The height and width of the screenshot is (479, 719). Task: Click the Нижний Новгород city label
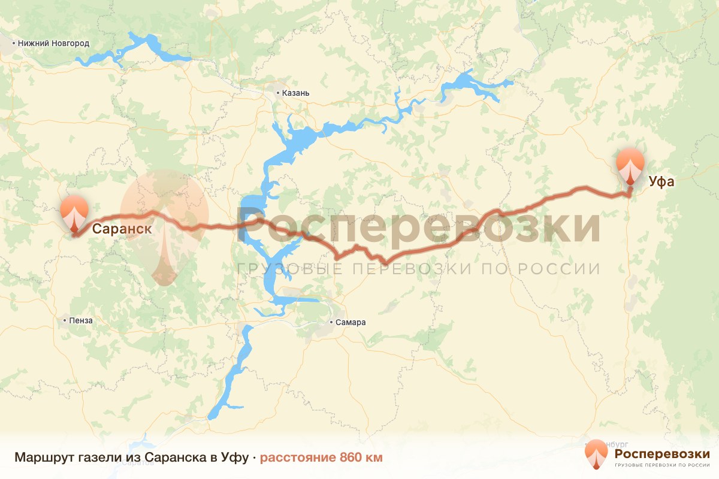[53, 43]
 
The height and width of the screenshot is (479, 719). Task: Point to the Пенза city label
[81, 320]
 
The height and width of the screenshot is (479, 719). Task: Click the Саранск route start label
[121, 228]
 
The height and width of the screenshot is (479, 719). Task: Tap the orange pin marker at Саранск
[74, 213]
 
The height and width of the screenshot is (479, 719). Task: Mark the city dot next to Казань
[278, 93]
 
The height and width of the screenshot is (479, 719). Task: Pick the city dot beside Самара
[333, 323]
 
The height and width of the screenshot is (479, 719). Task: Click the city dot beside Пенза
[65, 320]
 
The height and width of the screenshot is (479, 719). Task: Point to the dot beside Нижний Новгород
[14, 43]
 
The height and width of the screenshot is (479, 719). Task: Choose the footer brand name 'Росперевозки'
[662, 453]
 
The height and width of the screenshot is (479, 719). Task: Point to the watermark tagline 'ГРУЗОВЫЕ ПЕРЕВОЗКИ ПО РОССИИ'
[418, 269]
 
